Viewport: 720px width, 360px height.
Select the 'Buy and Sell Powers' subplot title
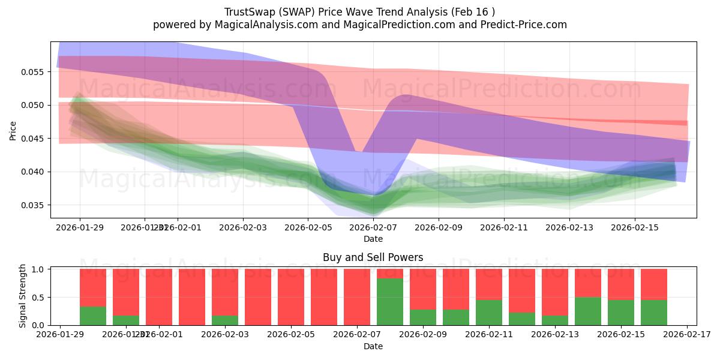coord(373,257)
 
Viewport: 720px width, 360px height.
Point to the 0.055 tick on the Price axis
coord(34,72)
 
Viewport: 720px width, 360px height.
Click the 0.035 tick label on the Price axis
coord(34,205)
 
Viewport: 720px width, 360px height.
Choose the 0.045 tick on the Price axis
coord(34,139)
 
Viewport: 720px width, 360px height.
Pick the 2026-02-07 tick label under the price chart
coord(373,227)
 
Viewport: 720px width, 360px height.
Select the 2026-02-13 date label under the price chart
coord(569,227)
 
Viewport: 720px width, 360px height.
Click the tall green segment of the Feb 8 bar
coord(390,302)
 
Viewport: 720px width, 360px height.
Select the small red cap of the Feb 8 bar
coord(390,274)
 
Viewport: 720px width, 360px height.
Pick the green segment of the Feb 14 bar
coord(588,311)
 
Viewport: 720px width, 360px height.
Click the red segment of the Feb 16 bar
coord(654,284)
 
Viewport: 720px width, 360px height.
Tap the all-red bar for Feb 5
coord(291,297)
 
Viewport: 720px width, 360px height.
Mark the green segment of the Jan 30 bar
coord(93,316)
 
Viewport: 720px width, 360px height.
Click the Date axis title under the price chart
coord(373,239)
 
